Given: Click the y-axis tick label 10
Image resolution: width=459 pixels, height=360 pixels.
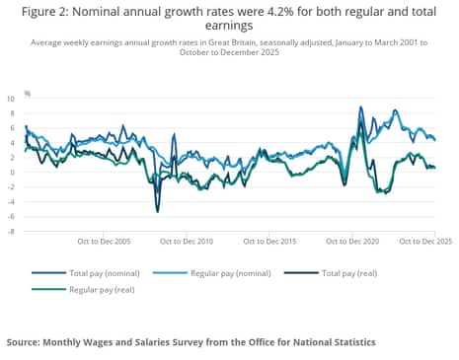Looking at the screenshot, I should tap(11, 99).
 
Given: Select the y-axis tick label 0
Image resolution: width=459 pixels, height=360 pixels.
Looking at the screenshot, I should tap(13, 173).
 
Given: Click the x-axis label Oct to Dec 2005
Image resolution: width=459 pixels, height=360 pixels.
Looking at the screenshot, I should tap(104, 241).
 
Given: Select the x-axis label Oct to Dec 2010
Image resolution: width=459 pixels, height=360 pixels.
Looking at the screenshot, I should tap(187, 241).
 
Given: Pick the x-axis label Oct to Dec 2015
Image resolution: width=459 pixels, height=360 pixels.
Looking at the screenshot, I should tap(269, 241).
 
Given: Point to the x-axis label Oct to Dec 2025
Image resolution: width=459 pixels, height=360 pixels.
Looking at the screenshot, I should tap(425, 241).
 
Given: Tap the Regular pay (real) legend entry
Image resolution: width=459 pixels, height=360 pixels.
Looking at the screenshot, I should tap(102, 290).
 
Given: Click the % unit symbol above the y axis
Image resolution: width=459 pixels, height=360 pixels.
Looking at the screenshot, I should tap(28, 93).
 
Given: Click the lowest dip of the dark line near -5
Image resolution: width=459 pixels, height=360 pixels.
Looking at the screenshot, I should tap(157, 210).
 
